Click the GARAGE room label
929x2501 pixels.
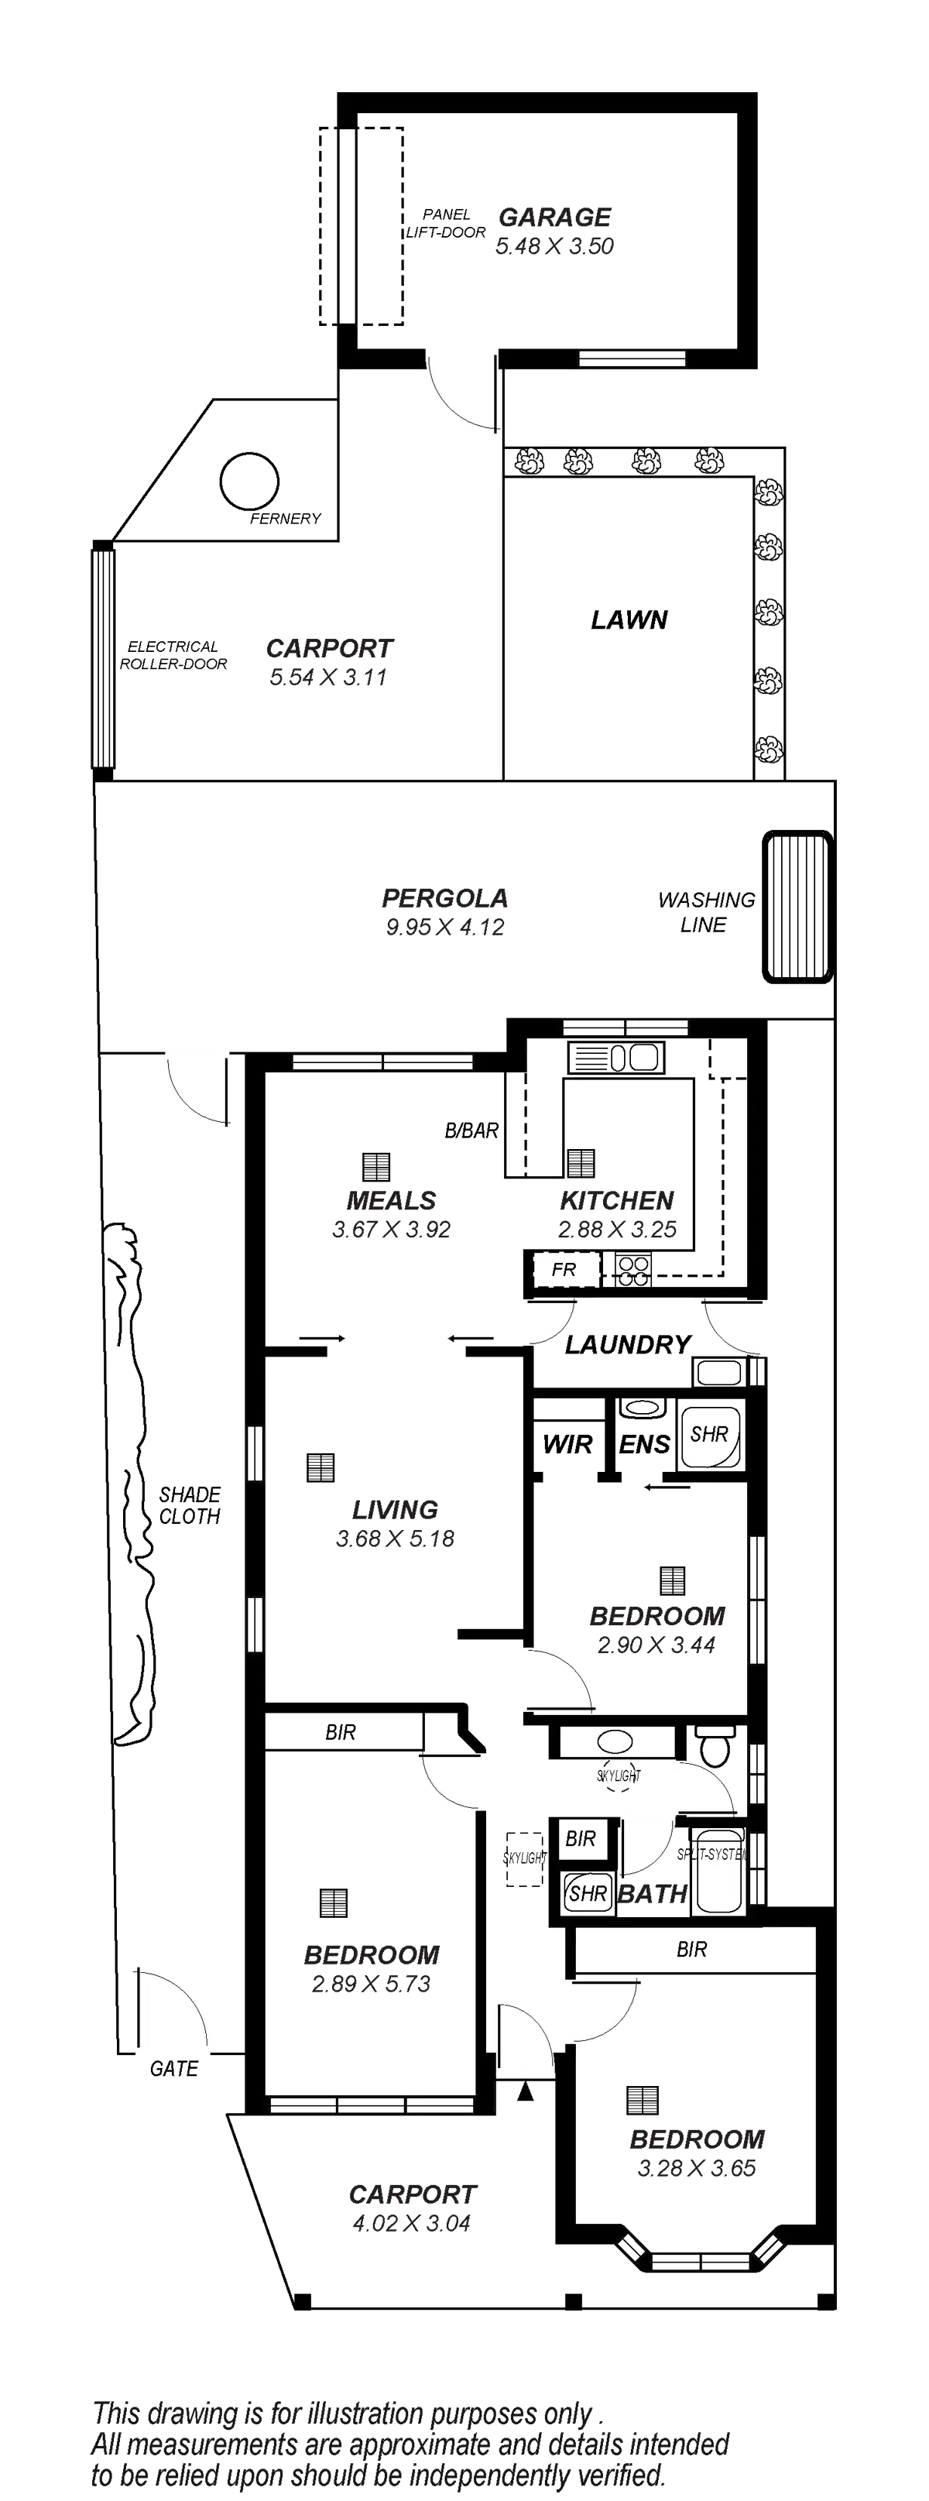[x=554, y=218]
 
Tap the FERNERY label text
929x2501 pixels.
[x=284, y=519]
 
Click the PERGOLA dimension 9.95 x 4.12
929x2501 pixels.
[x=446, y=926]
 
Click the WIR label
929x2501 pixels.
[x=568, y=1445]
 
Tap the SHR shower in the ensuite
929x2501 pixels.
[x=710, y=1434]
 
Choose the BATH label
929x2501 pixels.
[x=653, y=1893]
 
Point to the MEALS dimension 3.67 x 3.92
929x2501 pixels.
[x=391, y=1229]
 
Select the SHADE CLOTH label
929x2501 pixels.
[x=190, y=1506]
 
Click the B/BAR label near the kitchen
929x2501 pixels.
[x=471, y=1131]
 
